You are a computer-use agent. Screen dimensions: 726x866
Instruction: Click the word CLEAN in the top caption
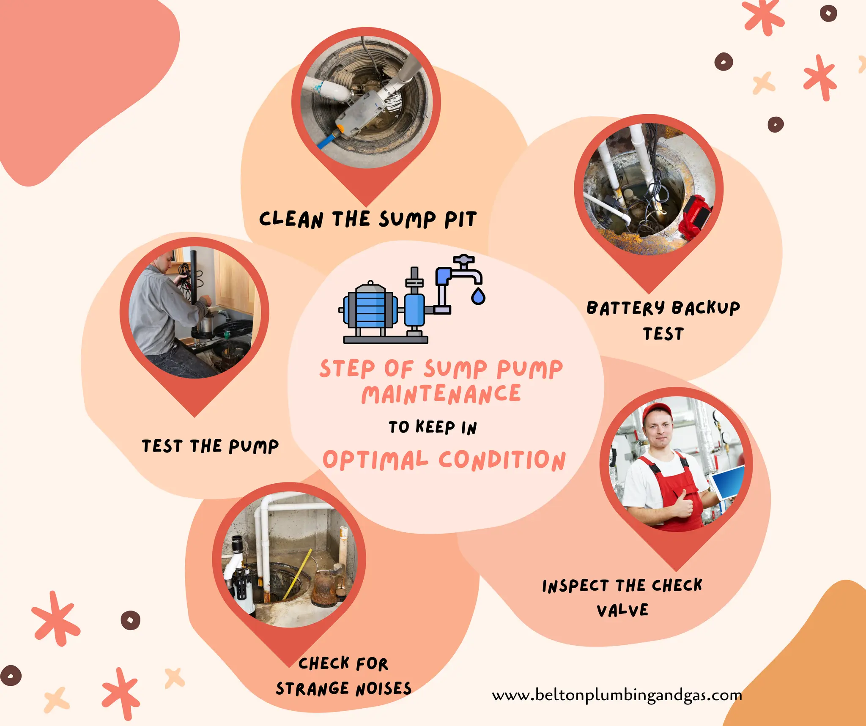[x=291, y=219]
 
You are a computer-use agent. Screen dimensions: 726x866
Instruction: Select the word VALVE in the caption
[x=622, y=610]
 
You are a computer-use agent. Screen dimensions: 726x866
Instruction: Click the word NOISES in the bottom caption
[x=383, y=689]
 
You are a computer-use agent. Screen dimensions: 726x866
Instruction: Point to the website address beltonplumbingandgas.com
[x=617, y=695]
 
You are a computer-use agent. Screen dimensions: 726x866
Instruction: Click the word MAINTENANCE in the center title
[x=441, y=395]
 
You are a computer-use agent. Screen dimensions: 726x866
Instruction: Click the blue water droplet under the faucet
[x=478, y=297]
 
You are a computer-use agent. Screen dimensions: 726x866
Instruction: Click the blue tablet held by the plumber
[x=728, y=482]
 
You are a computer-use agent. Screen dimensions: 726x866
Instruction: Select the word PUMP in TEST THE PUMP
[x=254, y=447]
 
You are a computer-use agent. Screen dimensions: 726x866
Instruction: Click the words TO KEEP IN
[x=433, y=427]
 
